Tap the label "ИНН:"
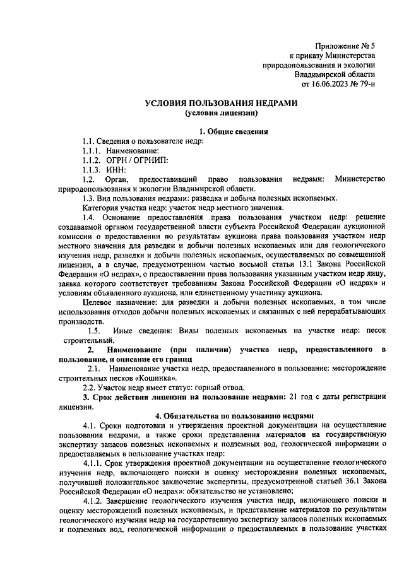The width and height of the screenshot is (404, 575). (x=117, y=169)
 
